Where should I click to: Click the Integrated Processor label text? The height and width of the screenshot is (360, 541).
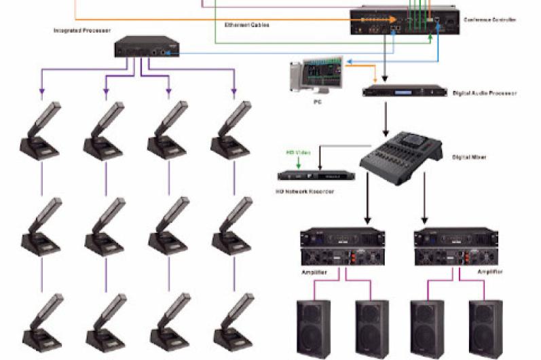point(82,31)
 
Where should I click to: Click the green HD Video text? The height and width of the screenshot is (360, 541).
point(298,153)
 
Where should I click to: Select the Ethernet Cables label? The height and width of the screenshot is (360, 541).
point(247,24)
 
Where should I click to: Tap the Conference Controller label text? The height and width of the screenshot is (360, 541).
point(490,20)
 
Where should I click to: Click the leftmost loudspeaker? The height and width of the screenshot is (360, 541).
point(314,329)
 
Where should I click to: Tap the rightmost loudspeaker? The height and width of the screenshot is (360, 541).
point(487,329)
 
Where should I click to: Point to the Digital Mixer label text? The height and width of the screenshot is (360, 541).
point(468,158)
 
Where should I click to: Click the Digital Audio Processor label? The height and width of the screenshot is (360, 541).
point(484,93)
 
